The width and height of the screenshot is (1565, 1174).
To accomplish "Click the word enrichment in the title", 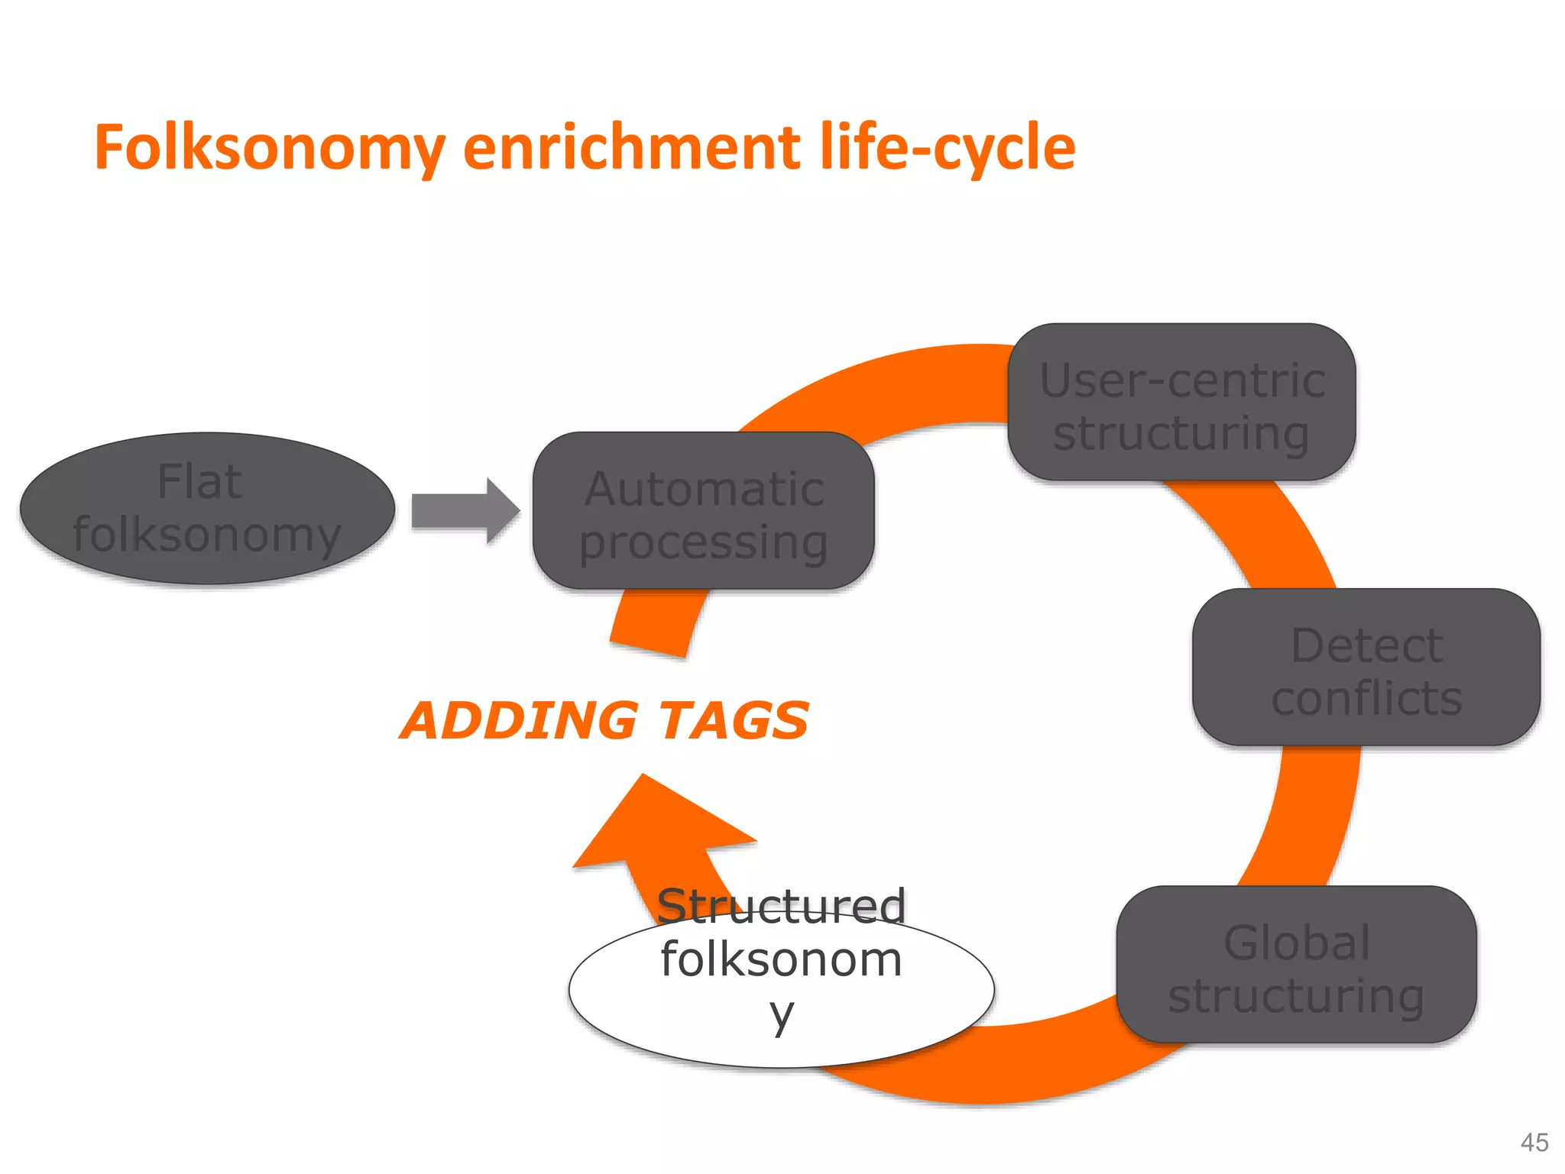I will [x=631, y=147].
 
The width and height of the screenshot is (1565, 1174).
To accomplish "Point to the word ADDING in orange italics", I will [x=520, y=721].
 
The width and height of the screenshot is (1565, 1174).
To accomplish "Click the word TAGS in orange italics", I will [x=734, y=721].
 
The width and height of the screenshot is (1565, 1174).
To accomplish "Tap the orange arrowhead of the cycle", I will [x=657, y=825].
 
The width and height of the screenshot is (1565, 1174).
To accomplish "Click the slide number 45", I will [x=1534, y=1142].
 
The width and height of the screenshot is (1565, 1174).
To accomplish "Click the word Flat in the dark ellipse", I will [x=199, y=482].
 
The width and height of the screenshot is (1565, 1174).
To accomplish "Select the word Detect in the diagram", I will [x=1366, y=646].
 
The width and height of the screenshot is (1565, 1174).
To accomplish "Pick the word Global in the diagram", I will [x=1296, y=943].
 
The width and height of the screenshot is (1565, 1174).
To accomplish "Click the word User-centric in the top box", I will [x=1181, y=380].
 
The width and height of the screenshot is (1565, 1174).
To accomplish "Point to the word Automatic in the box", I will [x=703, y=489].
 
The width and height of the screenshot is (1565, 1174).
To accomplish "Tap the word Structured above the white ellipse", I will [x=781, y=906].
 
